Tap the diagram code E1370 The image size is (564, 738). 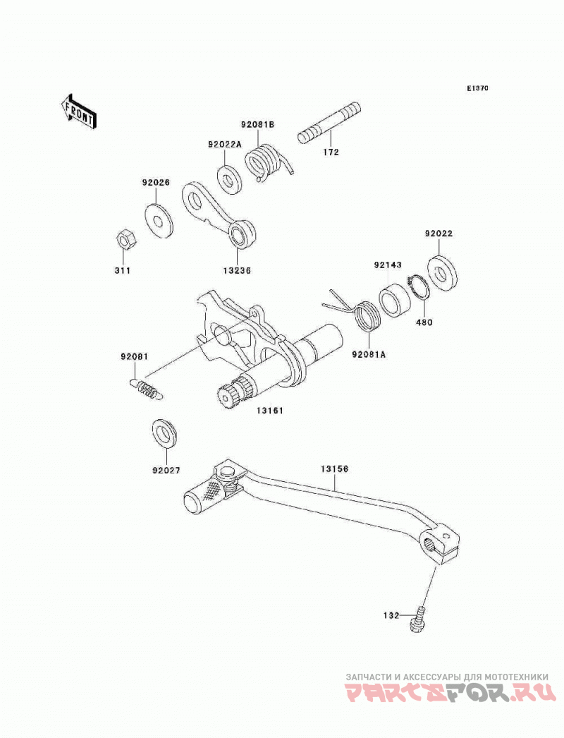pos(477,88)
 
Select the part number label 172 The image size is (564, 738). pos(331,152)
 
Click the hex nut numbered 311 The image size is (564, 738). pos(125,240)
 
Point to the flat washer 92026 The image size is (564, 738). pos(158,221)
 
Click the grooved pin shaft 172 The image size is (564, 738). pos(330,121)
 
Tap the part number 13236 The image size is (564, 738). pos(237,271)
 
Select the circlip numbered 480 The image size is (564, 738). pos(419,288)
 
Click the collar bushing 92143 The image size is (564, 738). pos(394,300)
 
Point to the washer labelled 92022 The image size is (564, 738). pos(443,272)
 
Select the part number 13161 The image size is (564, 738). pos(269,411)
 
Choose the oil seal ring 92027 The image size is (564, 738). pos(165,433)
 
